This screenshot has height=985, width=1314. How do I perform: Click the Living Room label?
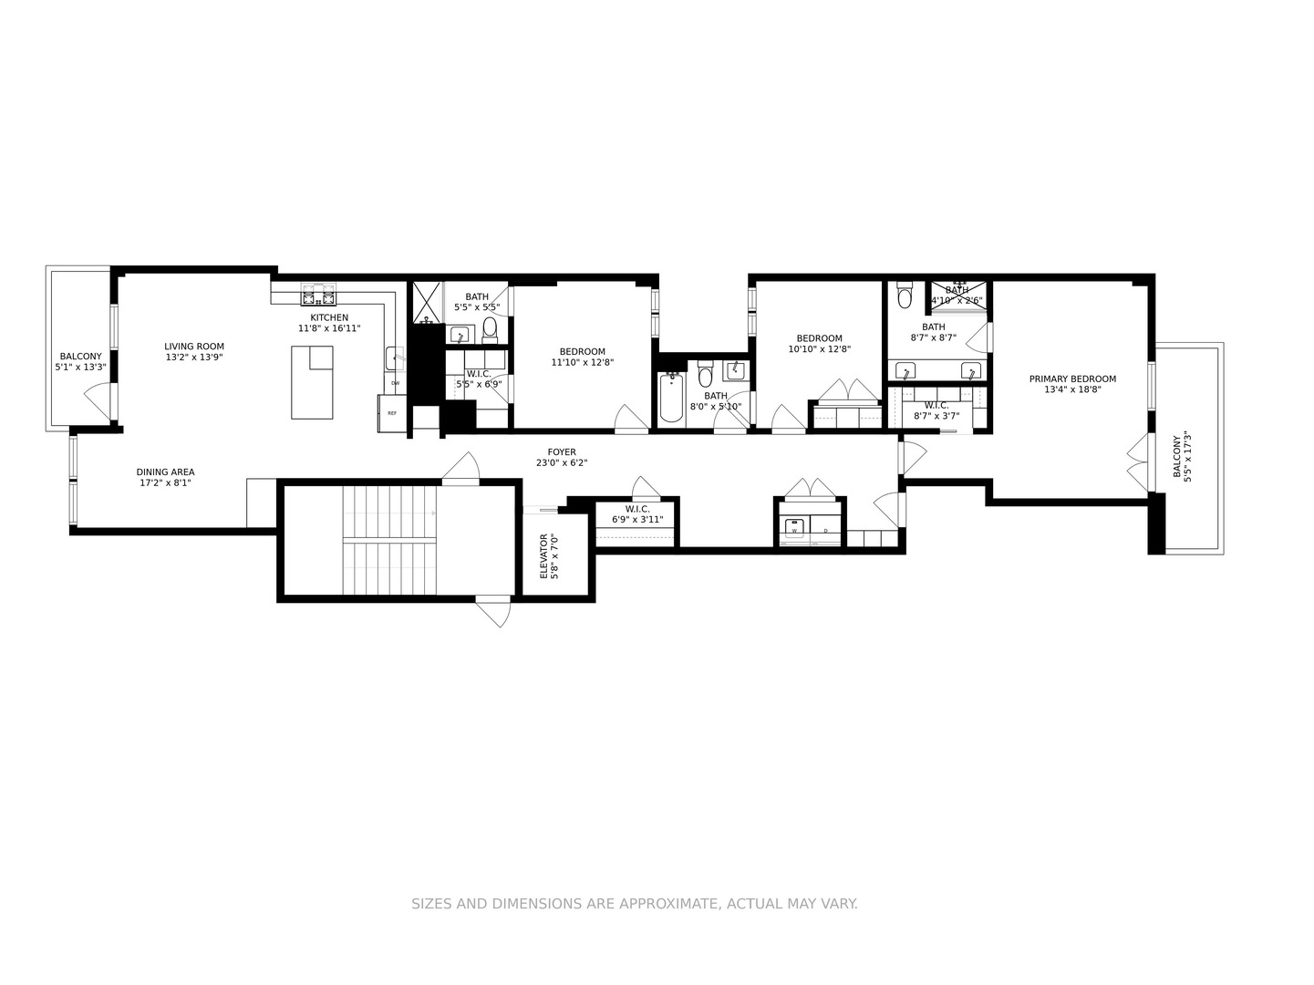[194, 347]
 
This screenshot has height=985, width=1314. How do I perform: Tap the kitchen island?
[312, 382]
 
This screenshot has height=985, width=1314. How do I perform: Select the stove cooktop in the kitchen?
[319, 295]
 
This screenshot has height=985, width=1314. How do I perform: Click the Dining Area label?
[165, 472]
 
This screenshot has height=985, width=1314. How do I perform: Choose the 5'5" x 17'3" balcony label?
[1181, 457]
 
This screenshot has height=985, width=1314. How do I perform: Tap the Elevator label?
[543, 556]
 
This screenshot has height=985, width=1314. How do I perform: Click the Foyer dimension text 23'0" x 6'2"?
[562, 463]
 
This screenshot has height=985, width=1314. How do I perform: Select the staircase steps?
[389, 541]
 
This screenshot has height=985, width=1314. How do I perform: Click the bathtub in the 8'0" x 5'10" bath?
[671, 397]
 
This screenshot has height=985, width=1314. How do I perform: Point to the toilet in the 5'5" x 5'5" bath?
[490, 329]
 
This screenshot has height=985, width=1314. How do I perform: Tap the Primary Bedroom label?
[1072, 379]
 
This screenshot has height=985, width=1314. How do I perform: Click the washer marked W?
[794, 529]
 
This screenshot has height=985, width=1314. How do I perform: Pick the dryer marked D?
[826, 529]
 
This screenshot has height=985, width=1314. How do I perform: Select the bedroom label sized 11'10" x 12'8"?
[582, 352]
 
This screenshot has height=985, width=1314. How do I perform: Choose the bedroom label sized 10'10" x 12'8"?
[819, 338]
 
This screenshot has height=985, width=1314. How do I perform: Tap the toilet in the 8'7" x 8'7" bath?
[905, 295]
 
